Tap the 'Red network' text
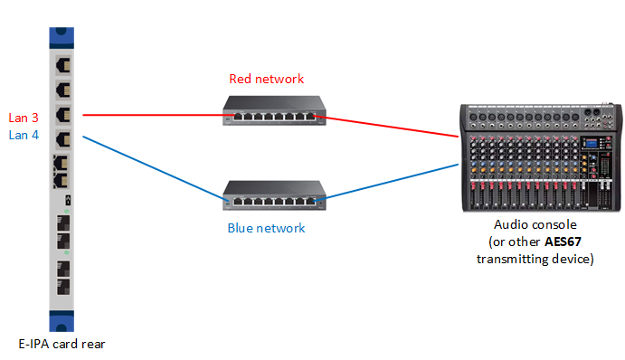[x=266, y=79]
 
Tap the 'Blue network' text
[x=266, y=228]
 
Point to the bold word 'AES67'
[x=564, y=242]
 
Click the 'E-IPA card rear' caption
[x=62, y=345]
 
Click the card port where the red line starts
[x=62, y=116]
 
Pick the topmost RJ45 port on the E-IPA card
[x=62, y=66]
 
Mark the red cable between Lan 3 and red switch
[x=154, y=116]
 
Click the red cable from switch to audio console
[x=389, y=127]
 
